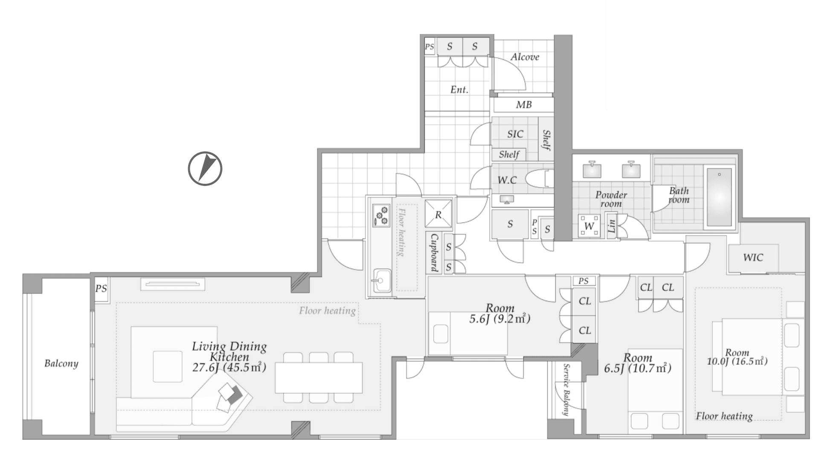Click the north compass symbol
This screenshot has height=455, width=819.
[x=205, y=168]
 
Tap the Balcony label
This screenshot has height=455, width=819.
[x=61, y=363]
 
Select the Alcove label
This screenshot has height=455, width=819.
[x=525, y=57]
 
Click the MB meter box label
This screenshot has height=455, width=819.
[x=524, y=104]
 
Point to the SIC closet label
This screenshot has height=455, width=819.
[x=515, y=134]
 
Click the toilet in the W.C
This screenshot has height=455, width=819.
[x=539, y=179]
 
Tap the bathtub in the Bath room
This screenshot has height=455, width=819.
[x=719, y=197]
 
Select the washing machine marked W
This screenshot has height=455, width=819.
[x=589, y=226]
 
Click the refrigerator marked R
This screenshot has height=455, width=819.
[x=438, y=214]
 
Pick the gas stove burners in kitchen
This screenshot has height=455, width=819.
[x=381, y=215]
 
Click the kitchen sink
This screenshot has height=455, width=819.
[x=381, y=281]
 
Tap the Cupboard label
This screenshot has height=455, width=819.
[x=434, y=252]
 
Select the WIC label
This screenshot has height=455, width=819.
[x=753, y=258]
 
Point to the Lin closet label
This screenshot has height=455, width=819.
[x=612, y=226]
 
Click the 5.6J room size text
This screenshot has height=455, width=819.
[x=500, y=319]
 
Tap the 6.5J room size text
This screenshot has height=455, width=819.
[x=638, y=368]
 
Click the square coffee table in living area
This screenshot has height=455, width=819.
[x=168, y=366]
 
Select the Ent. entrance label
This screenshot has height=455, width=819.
[x=459, y=90]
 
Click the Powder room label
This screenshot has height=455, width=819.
[x=611, y=199]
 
